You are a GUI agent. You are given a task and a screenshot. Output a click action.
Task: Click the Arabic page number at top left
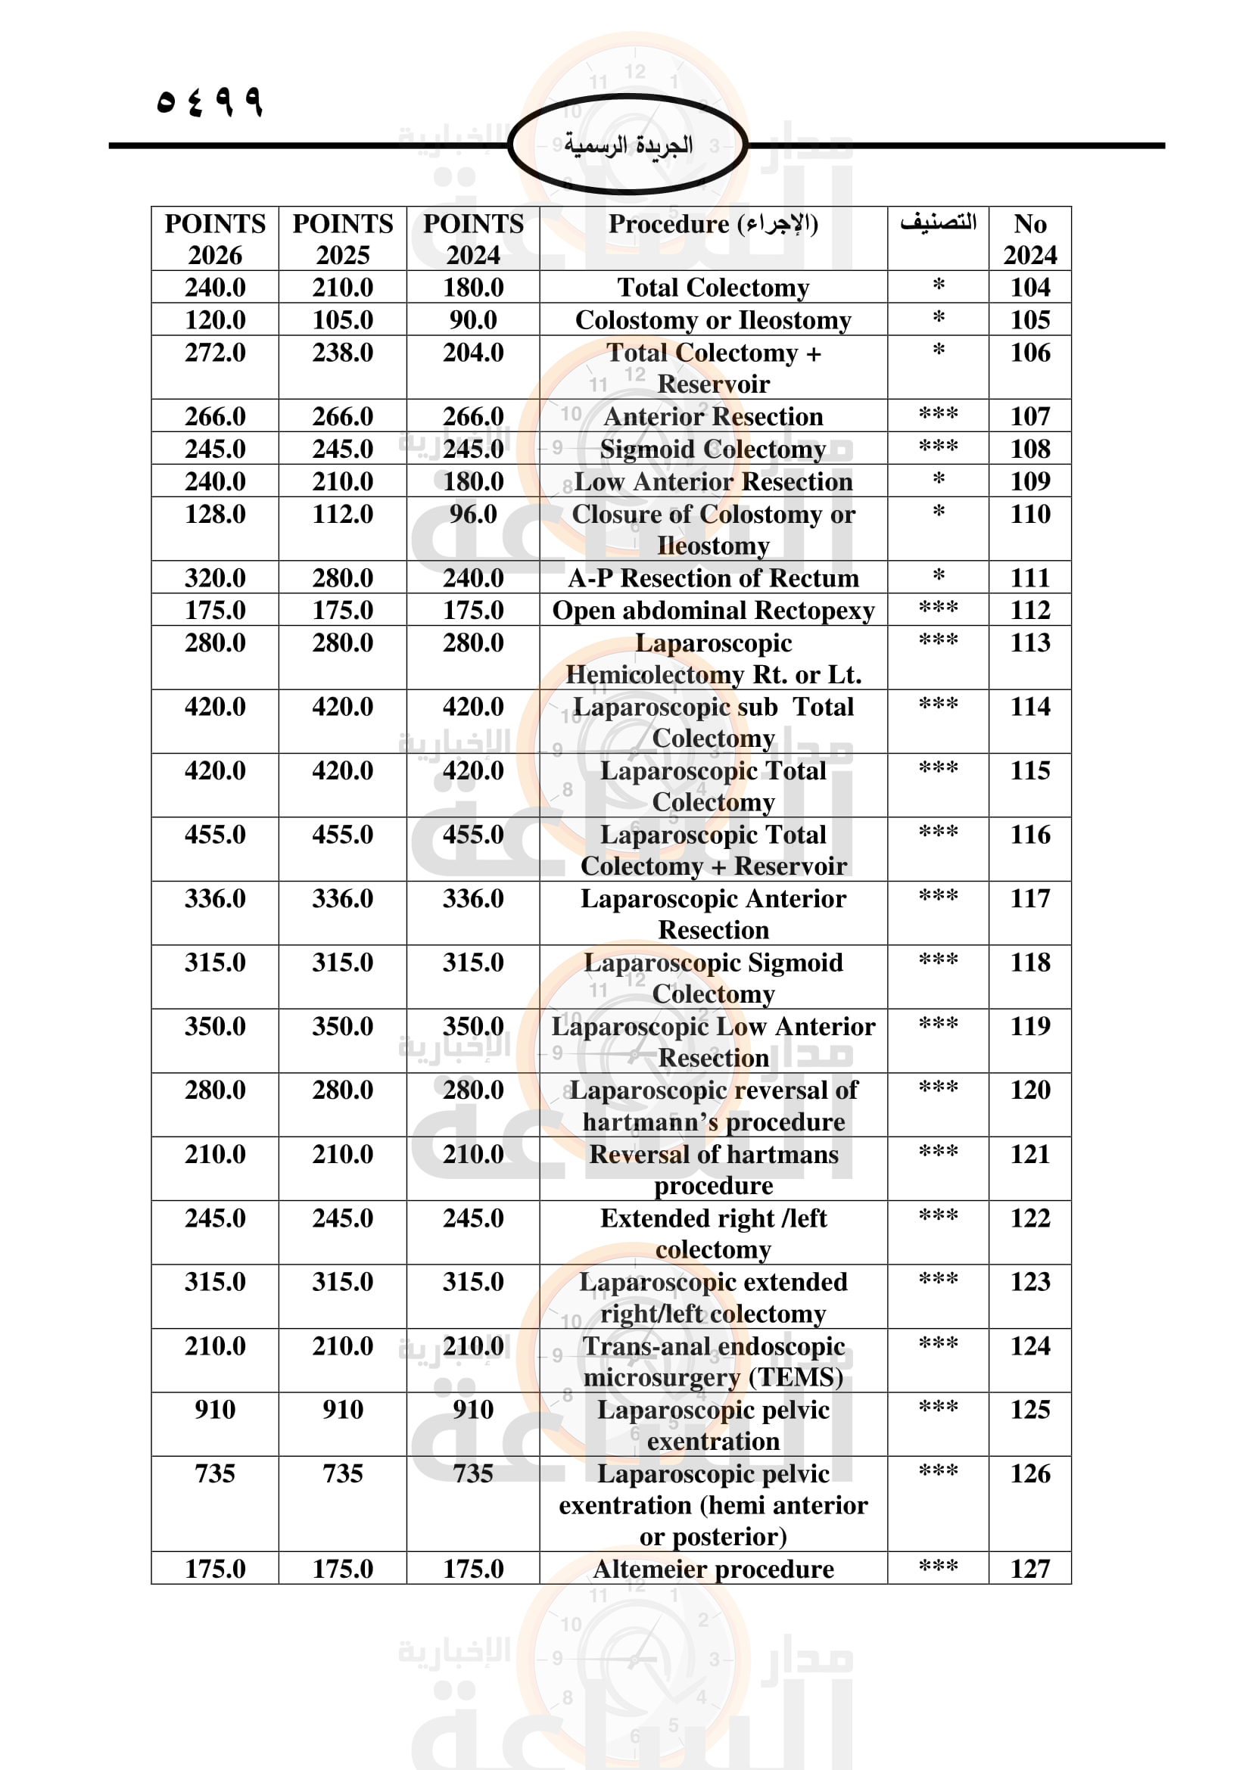click(x=209, y=101)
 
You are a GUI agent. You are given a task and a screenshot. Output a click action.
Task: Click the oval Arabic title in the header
click(x=628, y=145)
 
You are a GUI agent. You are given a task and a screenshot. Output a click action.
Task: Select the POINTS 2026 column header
click(x=215, y=239)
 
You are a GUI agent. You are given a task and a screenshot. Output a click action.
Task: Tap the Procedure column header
click(x=713, y=224)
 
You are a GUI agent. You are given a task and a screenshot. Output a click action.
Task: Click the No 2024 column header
click(x=1030, y=239)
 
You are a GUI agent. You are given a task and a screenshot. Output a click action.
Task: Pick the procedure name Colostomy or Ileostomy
click(x=713, y=320)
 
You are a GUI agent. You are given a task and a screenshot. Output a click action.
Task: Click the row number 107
click(x=1030, y=416)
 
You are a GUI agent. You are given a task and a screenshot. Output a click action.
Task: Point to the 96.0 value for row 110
click(x=472, y=514)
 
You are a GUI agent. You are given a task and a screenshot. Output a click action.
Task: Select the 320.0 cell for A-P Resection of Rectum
click(x=215, y=578)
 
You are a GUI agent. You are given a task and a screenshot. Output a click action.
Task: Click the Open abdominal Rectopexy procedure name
click(x=713, y=611)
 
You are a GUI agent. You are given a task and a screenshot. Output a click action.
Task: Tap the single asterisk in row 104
click(x=938, y=286)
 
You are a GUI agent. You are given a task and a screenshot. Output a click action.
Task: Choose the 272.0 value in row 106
click(x=215, y=353)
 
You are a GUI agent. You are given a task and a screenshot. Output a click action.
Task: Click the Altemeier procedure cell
click(x=713, y=1569)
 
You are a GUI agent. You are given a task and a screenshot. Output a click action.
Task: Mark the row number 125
click(x=1030, y=1409)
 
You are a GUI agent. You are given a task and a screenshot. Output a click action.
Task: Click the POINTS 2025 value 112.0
click(x=342, y=514)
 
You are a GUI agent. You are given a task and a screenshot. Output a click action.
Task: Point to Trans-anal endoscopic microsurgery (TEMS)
click(x=713, y=1361)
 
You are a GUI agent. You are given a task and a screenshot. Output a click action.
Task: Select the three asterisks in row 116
click(x=938, y=832)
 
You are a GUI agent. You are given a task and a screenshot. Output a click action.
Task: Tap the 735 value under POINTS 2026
click(x=215, y=1473)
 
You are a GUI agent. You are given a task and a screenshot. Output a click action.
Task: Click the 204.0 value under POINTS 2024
click(x=472, y=353)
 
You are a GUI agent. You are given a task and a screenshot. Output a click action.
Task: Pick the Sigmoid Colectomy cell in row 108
click(x=713, y=449)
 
